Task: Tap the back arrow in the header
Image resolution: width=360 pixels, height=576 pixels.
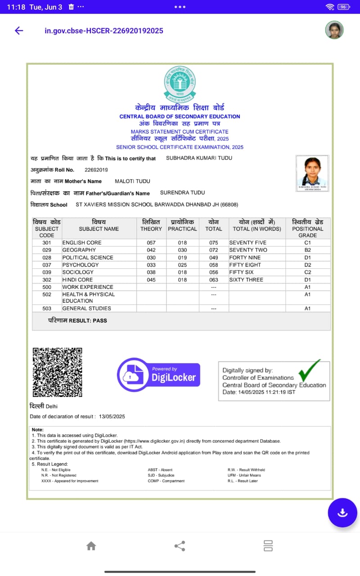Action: [19, 31]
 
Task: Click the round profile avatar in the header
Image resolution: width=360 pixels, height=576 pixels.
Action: [334, 30]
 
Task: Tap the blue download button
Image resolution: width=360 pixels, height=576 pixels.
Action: [342, 513]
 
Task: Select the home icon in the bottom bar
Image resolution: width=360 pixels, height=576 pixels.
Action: [91, 546]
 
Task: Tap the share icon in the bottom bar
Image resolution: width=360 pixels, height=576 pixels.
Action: [180, 546]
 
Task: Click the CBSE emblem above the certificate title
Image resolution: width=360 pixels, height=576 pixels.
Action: [180, 84]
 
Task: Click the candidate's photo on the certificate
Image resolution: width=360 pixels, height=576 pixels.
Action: [312, 173]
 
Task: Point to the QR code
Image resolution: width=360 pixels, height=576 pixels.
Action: [58, 372]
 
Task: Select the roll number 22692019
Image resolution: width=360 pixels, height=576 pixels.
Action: [96, 170]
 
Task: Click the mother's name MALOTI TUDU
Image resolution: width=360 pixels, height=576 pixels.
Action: [132, 181]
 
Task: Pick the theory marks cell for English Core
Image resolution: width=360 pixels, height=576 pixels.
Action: [151, 243]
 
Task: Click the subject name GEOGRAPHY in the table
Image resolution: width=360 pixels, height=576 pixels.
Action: [79, 250]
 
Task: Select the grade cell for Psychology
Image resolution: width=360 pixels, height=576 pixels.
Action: [308, 265]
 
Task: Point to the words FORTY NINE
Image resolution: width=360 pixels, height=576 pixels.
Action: [245, 257]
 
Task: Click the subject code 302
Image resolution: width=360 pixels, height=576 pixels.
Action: [47, 279]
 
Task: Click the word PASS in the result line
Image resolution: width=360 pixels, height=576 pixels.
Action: [99, 320]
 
